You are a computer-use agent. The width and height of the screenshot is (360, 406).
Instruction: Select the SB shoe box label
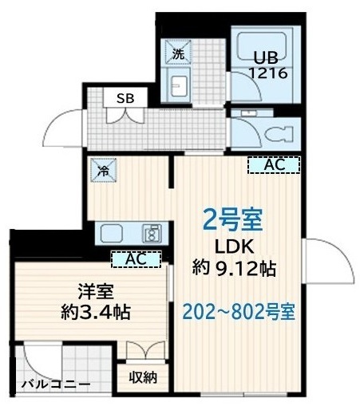pos(125,98)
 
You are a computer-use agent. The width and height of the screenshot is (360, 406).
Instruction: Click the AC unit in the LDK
pos(273,165)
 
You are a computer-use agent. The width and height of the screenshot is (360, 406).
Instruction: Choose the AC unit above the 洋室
pos(136,258)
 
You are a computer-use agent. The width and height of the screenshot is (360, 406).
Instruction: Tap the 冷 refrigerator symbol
pos(104,170)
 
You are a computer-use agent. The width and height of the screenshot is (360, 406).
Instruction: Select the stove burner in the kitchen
pos(149,234)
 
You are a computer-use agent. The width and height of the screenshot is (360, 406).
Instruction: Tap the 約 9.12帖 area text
pos(234,269)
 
